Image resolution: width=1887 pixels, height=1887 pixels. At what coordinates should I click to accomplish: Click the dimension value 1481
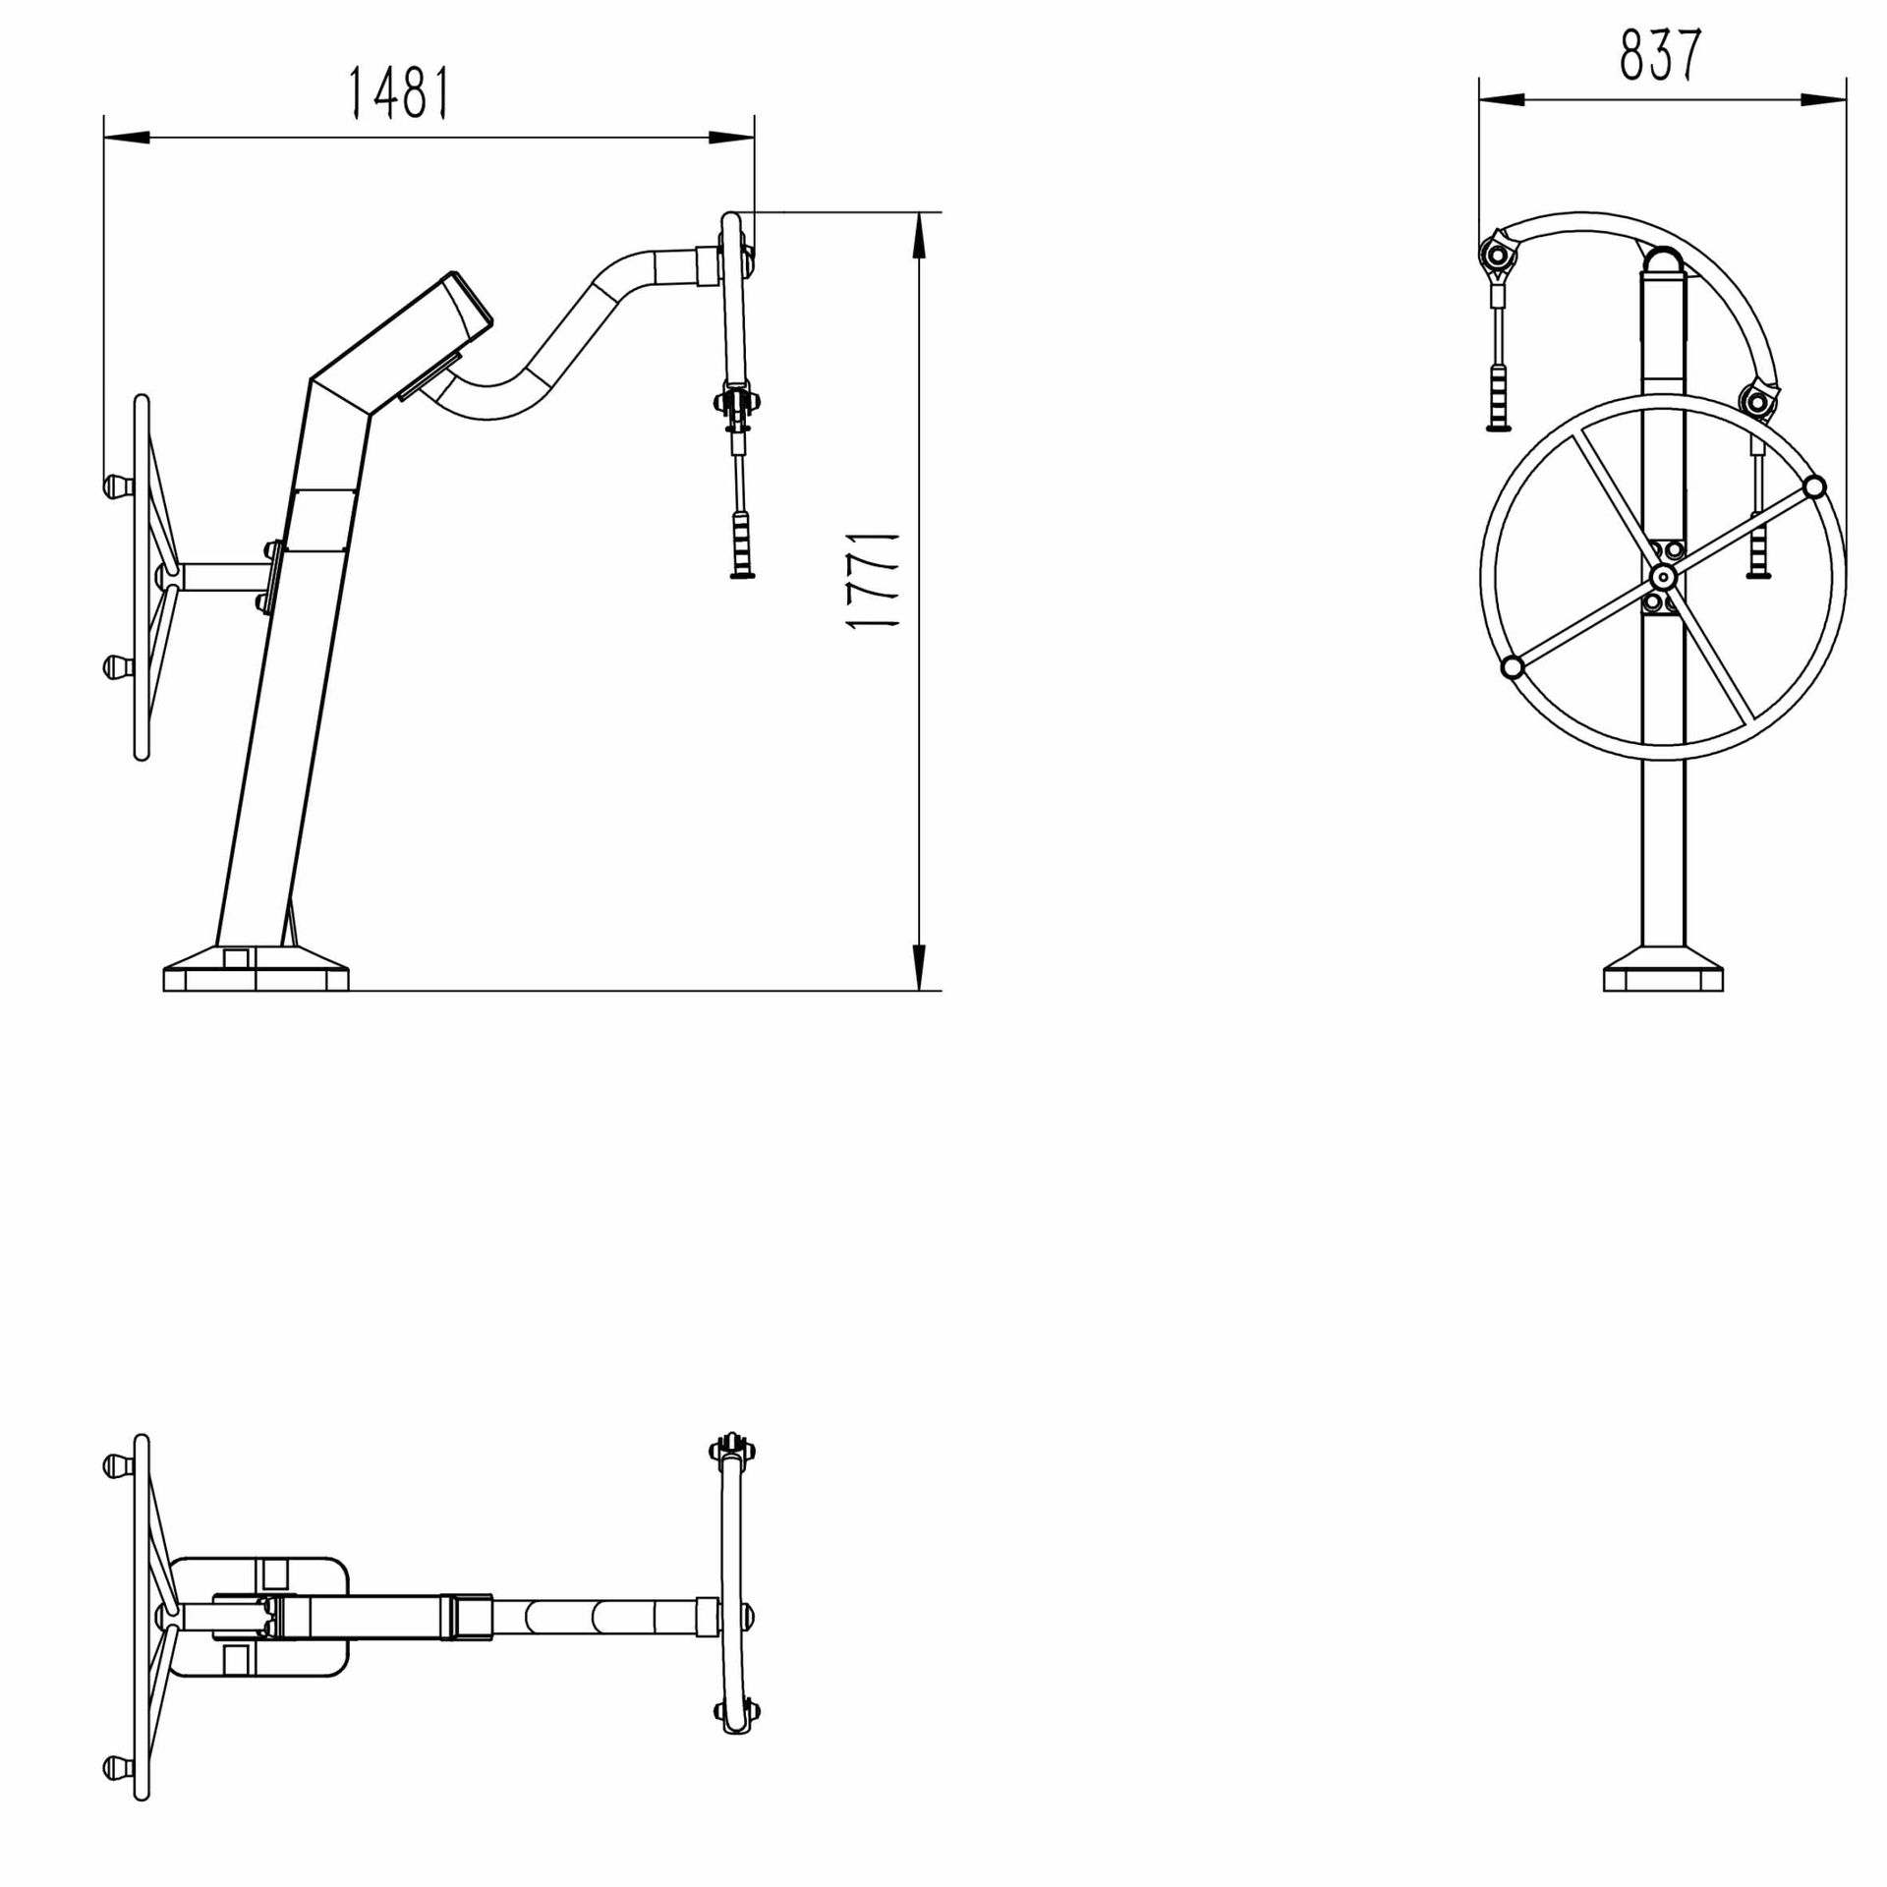(x=400, y=93)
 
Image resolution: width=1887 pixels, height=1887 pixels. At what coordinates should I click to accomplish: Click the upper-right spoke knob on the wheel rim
(x=1814, y=486)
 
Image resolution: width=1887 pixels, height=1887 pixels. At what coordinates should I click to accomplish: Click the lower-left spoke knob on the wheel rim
(x=1513, y=668)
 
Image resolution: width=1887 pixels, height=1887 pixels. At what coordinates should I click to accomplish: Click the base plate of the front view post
(x=1663, y=977)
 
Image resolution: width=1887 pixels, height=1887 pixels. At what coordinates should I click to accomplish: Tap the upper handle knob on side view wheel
(x=117, y=485)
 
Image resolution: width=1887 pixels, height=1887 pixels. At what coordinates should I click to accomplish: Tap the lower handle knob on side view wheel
(x=117, y=667)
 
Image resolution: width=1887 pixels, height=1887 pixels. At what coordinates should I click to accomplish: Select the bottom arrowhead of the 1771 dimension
(x=918, y=967)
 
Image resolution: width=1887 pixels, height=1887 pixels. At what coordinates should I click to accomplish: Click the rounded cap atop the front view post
(x=1663, y=261)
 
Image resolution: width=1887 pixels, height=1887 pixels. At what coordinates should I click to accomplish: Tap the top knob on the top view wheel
(x=117, y=1465)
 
